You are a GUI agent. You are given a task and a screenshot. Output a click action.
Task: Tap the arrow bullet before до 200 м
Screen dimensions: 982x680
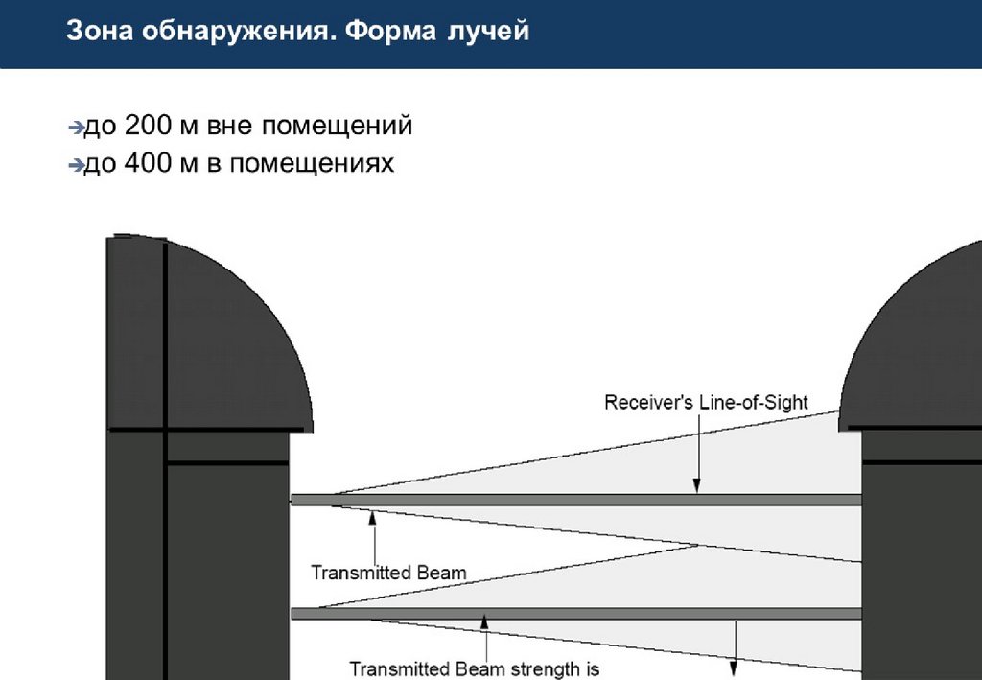pos(76,127)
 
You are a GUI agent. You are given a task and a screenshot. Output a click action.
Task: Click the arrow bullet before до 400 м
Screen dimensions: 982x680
pos(76,166)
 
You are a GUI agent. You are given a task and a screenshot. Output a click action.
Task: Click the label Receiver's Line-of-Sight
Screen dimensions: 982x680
pos(706,403)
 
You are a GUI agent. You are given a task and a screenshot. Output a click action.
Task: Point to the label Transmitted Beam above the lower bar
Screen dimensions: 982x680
pos(388,574)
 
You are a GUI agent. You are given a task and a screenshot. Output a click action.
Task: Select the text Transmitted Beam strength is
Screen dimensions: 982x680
pos(474,668)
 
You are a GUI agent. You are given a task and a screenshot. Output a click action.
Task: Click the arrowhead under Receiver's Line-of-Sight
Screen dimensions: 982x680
pos(698,486)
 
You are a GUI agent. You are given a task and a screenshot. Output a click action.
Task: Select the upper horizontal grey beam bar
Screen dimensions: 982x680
pos(575,500)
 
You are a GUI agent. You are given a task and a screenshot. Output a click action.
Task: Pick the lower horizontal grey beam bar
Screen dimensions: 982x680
pos(575,614)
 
